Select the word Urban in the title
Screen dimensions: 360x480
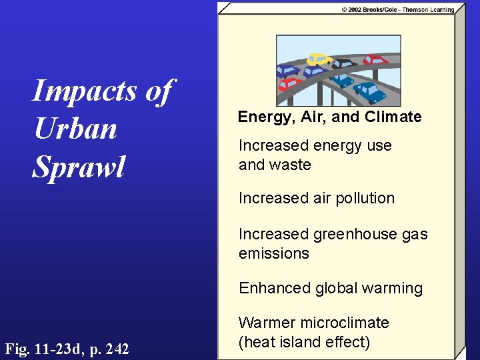point(75,129)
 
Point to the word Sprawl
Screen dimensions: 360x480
point(79,166)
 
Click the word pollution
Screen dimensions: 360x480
point(365,198)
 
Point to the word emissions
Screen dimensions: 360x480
point(273,253)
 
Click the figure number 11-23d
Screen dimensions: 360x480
point(61,348)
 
